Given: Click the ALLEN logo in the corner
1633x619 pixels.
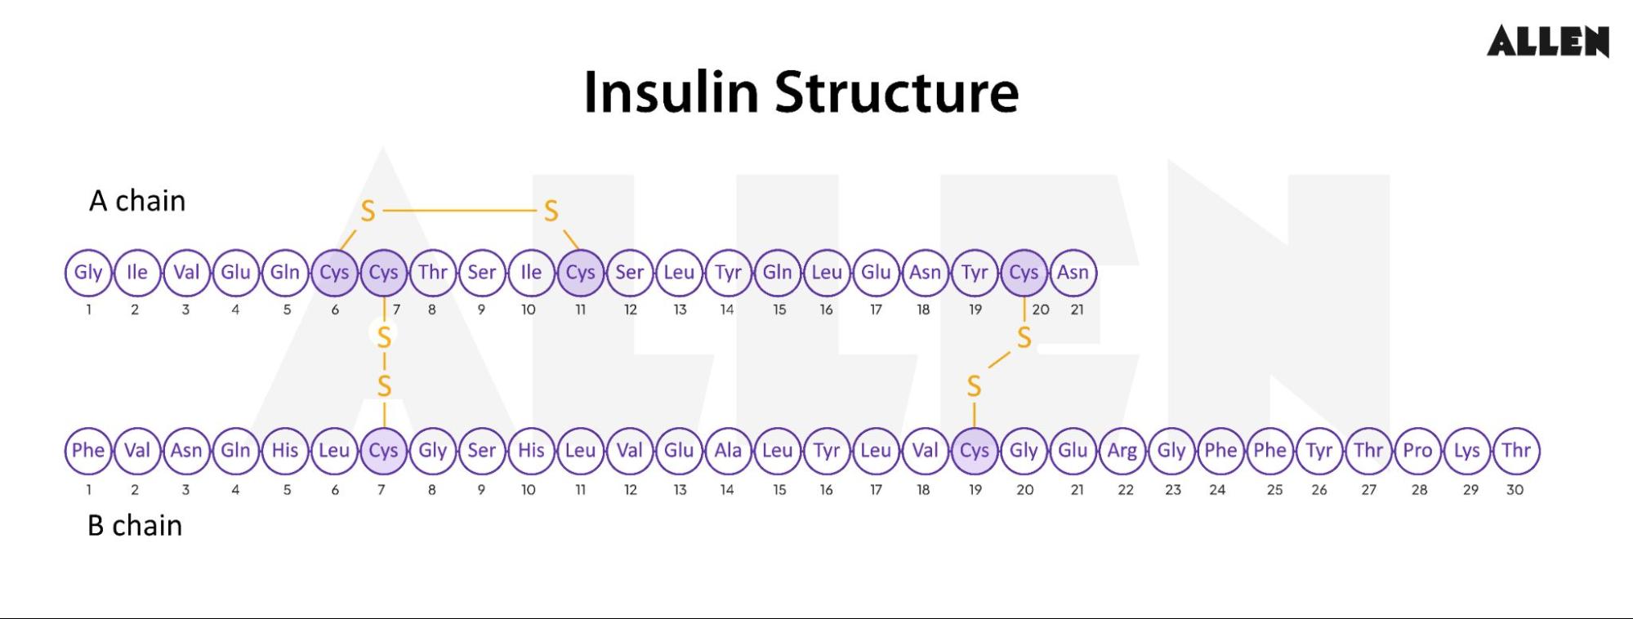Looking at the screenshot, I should (x=1547, y=41).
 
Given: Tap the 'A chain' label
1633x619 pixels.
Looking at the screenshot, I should (x=137, y=201).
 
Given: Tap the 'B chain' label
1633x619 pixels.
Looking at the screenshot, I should (x=135, y=525).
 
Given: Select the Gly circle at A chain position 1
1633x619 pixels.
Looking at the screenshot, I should (x=88, y=273).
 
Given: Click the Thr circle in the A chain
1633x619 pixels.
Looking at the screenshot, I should (x=433, y=273).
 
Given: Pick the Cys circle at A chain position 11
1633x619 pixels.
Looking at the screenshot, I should (x=581, y=273).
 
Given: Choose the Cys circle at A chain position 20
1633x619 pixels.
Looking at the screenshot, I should (x=1024, y=273).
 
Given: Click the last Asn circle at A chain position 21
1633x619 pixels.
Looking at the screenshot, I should (x=1073, y=273).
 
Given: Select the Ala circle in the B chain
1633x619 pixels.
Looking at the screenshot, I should (x=728, y=451).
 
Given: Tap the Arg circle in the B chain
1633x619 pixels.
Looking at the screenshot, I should (x=1122, y=451).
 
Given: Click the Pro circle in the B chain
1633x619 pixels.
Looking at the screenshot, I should (x=1418, y=451).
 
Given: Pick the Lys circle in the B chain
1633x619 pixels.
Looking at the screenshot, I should (x=1467, y=451).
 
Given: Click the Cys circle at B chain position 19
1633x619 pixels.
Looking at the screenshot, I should (x=975, y=451).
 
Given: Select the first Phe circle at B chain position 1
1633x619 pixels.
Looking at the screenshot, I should (x=88, y=451).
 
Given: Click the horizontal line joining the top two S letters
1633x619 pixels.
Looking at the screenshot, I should (x=459, y=211).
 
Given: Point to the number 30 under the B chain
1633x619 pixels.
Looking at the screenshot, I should (x=1515, y=490).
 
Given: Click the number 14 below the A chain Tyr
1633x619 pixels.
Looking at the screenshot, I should (x=727, y=309).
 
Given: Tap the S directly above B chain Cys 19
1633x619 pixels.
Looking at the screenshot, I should (x=974, y=386).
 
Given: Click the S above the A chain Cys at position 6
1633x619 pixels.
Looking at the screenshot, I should (x=368, y=212).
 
